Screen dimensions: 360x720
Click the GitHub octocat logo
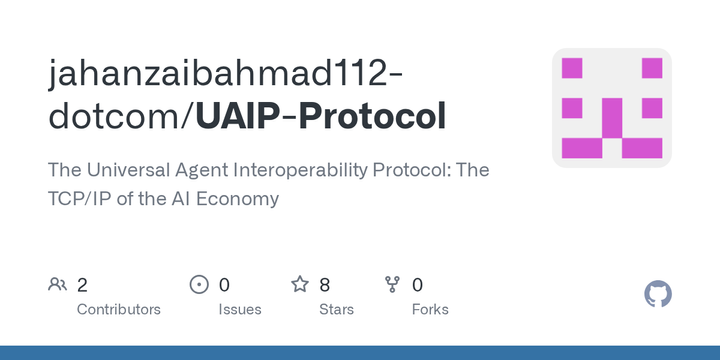click(658, 294)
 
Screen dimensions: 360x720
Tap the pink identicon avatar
click(612, 108)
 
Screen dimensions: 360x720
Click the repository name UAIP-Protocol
click(321, 117)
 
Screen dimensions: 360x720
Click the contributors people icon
click(57, 285)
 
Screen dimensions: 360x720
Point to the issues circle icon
click(199, 285)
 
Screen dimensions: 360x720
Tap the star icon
click(299, 285)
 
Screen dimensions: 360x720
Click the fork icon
click(392, 285)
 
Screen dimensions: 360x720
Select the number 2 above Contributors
click(83, 285)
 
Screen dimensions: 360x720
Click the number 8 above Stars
click(325, 285)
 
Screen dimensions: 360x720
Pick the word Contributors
click(119, 309)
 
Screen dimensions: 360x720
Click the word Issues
click(240, 309)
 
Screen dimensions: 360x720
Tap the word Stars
click(337, 309)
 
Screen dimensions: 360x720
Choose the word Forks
click(430, 309)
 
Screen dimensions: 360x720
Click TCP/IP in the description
click(81, 198)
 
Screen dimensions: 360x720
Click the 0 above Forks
click(417, 285)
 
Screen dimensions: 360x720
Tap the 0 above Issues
click(224, 285)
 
